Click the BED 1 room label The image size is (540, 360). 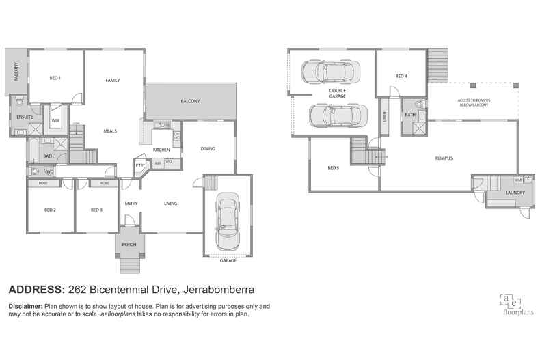[x=55, y=78]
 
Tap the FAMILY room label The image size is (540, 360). [x=113, y=81]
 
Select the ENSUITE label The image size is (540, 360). [x=25, y=117]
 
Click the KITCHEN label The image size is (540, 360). [x=161, y=150]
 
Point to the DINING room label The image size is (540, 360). [x=208, y=148]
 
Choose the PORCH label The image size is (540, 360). [x=129, y=245]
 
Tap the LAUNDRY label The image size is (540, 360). [x=515, y=193]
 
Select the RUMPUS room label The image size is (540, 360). [x=444, y=158]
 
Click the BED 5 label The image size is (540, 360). [x=333, y=167]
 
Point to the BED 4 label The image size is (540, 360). [x=401, y=76]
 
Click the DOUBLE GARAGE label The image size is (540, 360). [x=337, y=94]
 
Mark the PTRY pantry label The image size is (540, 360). [x=140, y=165]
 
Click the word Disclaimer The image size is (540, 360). [x=25, y=306]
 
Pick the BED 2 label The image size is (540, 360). [x=50, y=210]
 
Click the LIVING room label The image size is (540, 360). [x=171, y=203]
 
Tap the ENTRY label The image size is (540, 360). [x=131, y=203]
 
